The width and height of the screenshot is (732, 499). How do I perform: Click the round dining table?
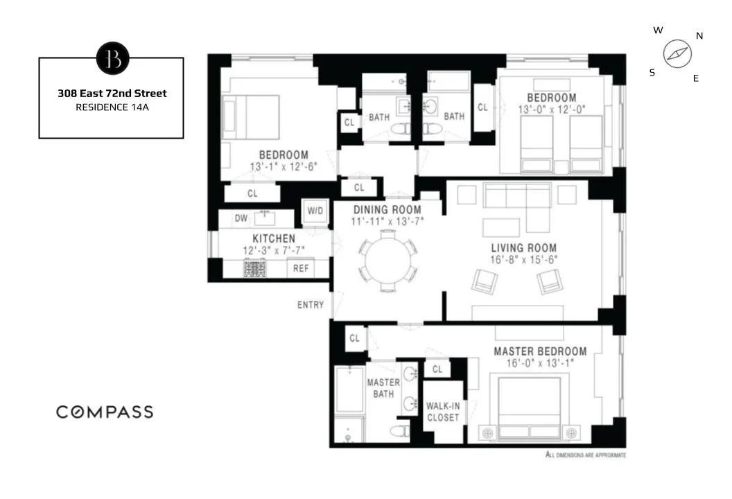click(388, 260)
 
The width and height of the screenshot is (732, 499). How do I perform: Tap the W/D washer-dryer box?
click(314, 211)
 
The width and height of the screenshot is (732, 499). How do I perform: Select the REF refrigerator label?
click(301, 269)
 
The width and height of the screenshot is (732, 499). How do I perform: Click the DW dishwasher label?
click(241, 218)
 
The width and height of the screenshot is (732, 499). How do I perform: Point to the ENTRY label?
click(311, 305)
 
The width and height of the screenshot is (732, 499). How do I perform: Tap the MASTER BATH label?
click(383, 388)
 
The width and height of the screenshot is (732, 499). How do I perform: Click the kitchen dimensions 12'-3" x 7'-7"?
click(268, 250)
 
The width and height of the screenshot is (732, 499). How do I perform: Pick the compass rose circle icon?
click(677, 54)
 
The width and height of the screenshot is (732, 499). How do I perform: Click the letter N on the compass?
click(699, 36)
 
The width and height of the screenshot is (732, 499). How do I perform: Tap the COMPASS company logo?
click(105, 412)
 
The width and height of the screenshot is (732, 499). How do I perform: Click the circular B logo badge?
click(112, 58)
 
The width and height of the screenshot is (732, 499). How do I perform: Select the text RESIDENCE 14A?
click(112, 107)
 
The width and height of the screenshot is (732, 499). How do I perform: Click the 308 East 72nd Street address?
click(112, 93)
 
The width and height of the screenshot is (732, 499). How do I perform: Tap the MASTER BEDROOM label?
click(540, 351)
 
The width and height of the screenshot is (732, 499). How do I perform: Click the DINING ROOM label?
click(387, 210)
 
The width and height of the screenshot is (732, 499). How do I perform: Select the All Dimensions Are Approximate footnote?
click(586, 455)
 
